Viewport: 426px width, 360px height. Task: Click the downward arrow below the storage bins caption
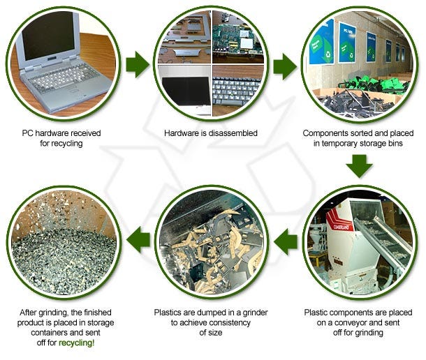[x=360, y=165]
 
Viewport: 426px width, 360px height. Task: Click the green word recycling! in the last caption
[x=78, y=343]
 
